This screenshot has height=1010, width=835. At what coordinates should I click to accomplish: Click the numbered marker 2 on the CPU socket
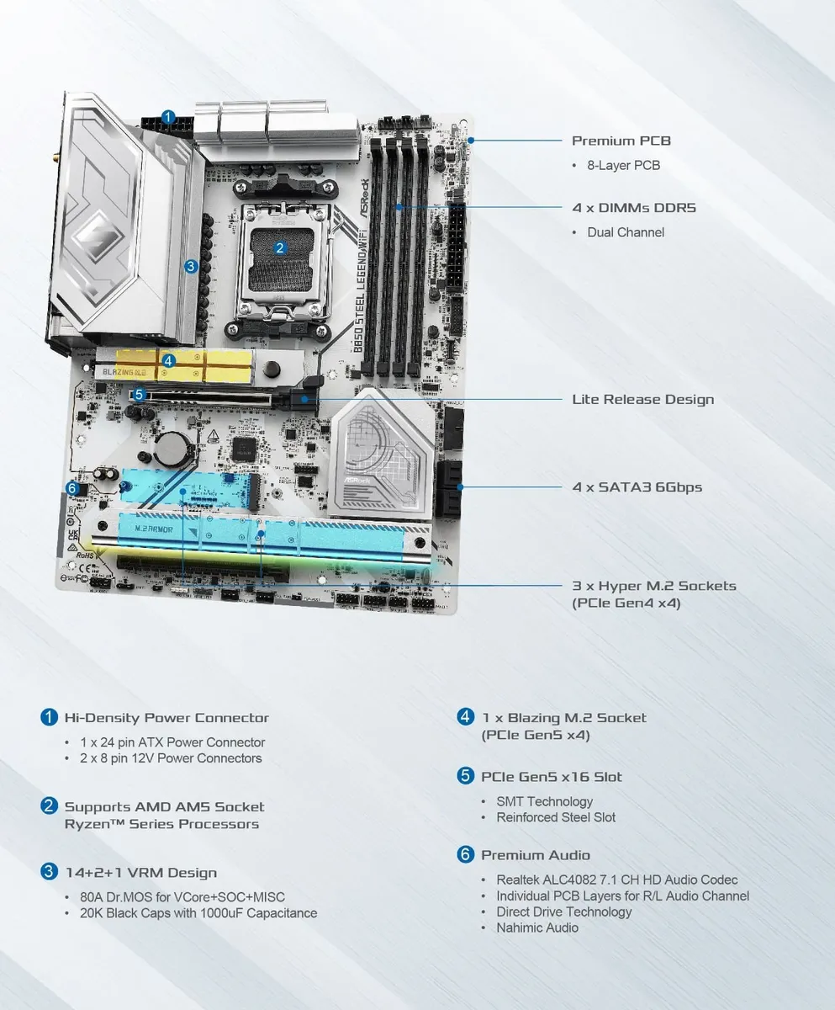tap(280, 247)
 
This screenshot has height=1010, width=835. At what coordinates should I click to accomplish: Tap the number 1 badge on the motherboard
tap(168, 117)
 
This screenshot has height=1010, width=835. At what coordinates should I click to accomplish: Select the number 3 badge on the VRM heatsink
tap(191, 266)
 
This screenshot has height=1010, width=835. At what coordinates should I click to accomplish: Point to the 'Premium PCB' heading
tap(621, 141)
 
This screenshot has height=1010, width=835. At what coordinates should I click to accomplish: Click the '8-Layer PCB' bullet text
tap(623, 165)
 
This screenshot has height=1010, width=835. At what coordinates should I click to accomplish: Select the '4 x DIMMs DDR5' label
tap(634, 208)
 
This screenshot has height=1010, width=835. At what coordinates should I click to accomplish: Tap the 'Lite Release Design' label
tap(642, 399)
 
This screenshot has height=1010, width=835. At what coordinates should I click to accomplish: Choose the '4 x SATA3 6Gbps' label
tap(637, 486)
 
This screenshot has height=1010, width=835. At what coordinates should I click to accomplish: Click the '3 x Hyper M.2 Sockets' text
tap(653, 586)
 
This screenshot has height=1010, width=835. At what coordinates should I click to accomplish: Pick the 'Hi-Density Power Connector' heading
tap(166, 718)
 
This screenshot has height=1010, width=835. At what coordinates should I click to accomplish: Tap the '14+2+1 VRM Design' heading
tap(140, 873)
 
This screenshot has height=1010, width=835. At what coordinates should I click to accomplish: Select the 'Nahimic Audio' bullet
tap(537, 928)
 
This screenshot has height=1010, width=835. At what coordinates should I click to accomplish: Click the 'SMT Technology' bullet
tap(544, 801)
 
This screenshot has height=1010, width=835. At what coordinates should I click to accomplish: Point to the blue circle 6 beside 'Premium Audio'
tap(466, 854)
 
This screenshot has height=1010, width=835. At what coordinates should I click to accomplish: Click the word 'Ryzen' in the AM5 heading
tap(87, 824)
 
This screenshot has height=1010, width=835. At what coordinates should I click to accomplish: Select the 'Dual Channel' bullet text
tap(625, 232)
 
